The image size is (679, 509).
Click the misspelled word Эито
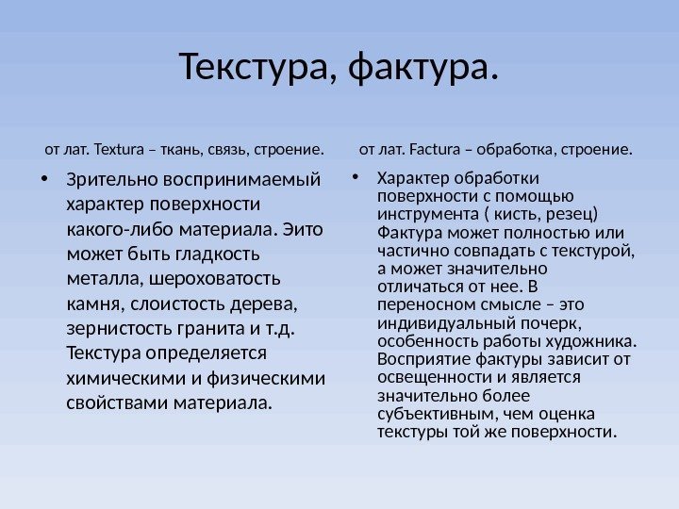(303, 229)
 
